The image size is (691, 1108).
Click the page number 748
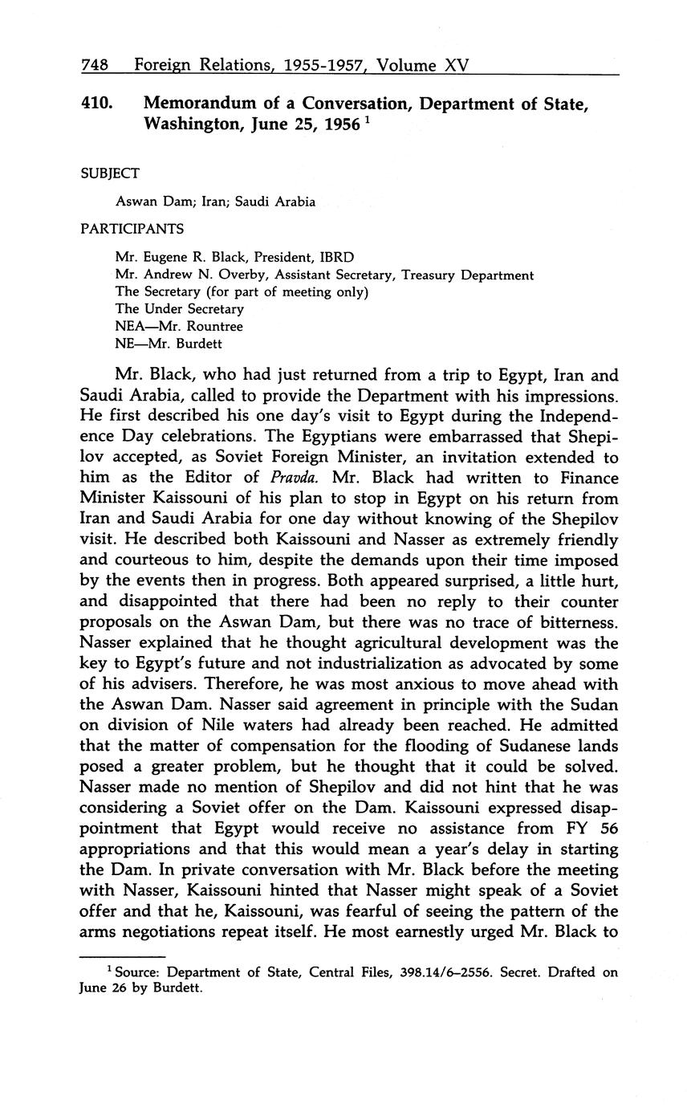[95, 65]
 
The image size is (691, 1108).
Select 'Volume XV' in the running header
[421, 65]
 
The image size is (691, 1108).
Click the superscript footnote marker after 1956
[366, 121]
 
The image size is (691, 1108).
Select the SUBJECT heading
[110, 173]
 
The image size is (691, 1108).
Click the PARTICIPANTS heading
[132, 229]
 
